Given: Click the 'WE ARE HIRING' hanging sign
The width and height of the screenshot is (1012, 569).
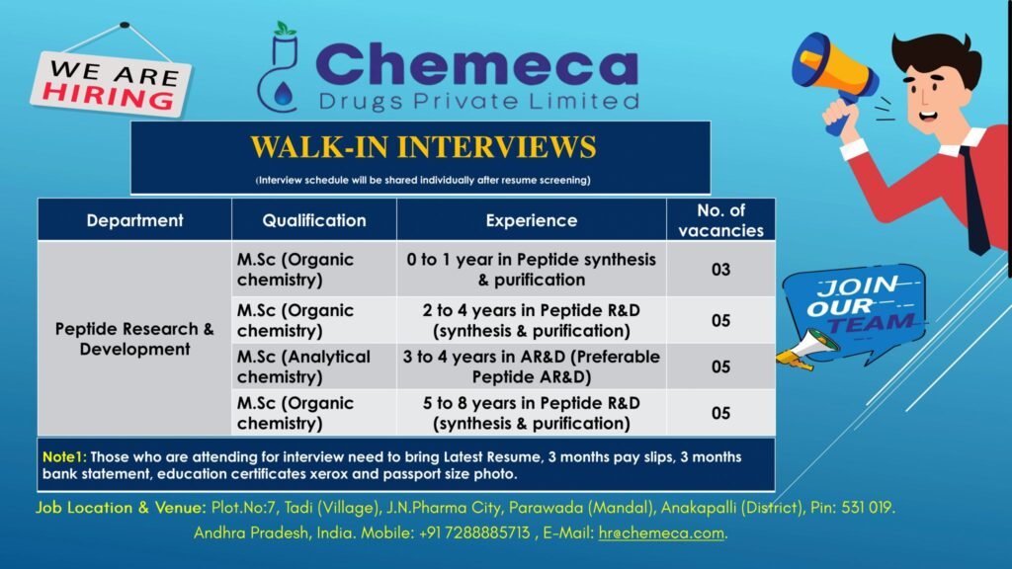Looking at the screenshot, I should [x=110, y=83].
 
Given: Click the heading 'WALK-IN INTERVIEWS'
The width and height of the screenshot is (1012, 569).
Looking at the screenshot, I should [x=423, y=147].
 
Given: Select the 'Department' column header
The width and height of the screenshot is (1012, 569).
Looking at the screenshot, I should [x=134, y=220].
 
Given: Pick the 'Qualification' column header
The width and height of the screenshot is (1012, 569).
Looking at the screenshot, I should [x=314, y=220].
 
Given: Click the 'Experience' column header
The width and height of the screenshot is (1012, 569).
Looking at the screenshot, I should [x=532, y=220].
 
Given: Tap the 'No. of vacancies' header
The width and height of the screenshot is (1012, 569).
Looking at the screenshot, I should [x=720, y=220].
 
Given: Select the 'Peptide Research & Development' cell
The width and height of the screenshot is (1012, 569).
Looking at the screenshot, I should [x=134, y=339].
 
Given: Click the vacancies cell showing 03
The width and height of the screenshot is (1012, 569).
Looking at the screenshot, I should [x=720, y=269].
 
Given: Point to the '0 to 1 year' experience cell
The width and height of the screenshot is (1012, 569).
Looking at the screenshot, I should [x=532, y=269].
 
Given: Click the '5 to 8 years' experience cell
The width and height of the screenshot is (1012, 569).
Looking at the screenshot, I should [x=532, y=413].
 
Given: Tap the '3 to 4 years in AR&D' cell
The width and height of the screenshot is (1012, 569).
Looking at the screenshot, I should [x=532, y=366].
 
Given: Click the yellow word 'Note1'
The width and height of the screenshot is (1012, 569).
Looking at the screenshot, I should [x=64, y=457].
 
